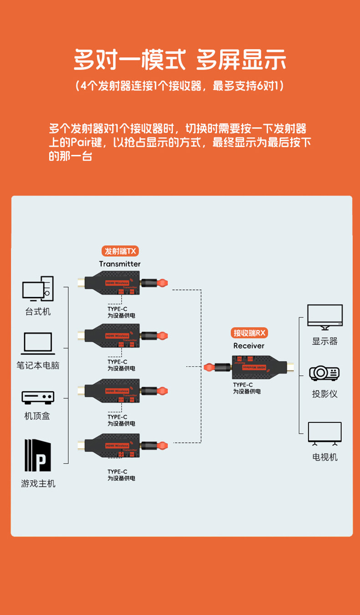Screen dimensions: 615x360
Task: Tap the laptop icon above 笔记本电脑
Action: (38, 343)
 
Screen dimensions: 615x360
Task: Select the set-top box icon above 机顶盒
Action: (38, 397)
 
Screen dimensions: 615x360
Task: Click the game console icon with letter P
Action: (38, 456)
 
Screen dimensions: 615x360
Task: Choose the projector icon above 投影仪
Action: (324, 373)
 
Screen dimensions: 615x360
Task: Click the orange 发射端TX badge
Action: (119, 251)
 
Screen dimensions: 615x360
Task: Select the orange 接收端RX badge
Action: (249, 333)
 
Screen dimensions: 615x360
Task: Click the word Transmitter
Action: (120, 264)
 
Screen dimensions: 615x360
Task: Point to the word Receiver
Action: (249, 346)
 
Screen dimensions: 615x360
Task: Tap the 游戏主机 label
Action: (38, 484)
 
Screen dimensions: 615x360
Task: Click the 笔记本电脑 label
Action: (38, 365)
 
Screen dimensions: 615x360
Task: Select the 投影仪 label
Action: (324, 394)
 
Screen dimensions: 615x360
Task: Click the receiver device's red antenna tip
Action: (209, 367)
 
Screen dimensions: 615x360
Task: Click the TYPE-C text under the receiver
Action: (242, 385)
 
